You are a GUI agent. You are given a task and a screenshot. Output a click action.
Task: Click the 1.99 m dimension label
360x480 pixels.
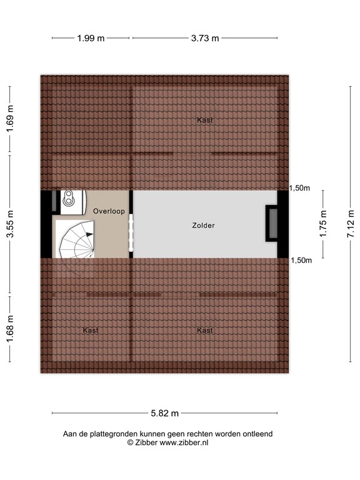pos(91,38)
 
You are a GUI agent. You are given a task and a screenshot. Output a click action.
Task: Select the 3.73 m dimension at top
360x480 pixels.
pos(205,38)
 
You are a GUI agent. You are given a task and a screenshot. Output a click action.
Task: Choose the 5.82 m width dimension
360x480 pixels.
pos(165,413)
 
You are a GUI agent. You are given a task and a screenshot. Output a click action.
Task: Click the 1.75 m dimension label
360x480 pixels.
pos(323,224)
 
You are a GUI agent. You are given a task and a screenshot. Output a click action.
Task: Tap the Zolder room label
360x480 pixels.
pos(203,226)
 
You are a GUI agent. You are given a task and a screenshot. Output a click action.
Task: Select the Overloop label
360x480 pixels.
pos(109,211)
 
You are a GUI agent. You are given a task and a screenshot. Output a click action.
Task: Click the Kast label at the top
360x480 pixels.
pos(205,120)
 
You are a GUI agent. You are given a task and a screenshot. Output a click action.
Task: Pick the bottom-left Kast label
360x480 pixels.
pos(91,330)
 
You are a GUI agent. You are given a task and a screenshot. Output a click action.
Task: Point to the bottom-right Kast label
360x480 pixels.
pos(205,330)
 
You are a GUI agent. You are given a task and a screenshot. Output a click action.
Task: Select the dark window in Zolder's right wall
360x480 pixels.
pos(272,223)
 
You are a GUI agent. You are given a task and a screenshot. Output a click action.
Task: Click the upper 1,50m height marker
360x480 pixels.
pos(301,188)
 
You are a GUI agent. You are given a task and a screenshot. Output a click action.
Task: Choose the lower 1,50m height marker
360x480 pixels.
pos(301,261)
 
